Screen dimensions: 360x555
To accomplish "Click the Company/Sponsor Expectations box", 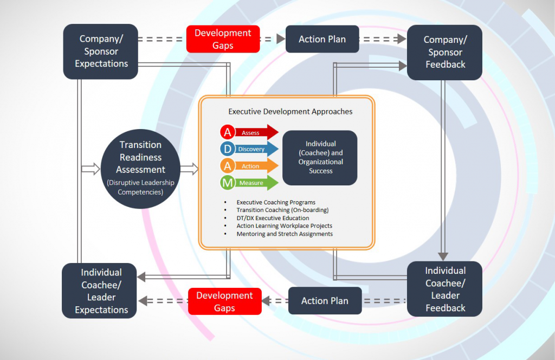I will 101,52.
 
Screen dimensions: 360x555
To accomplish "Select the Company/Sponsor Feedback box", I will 445,53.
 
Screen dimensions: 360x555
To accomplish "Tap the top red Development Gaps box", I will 223,39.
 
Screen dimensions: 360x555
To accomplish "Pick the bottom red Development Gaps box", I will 224,301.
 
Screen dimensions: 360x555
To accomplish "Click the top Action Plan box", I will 322,39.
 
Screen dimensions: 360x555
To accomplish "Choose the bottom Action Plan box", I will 325,301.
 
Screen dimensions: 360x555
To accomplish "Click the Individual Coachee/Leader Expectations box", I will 101,291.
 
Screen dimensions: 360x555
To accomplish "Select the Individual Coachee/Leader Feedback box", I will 445,289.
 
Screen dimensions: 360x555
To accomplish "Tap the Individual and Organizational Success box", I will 320,157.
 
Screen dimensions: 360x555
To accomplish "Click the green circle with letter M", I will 228,183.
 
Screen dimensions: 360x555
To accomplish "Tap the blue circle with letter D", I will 228,149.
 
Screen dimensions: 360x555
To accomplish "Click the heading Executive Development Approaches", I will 290,112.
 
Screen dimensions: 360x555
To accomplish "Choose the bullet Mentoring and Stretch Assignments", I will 285,234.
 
